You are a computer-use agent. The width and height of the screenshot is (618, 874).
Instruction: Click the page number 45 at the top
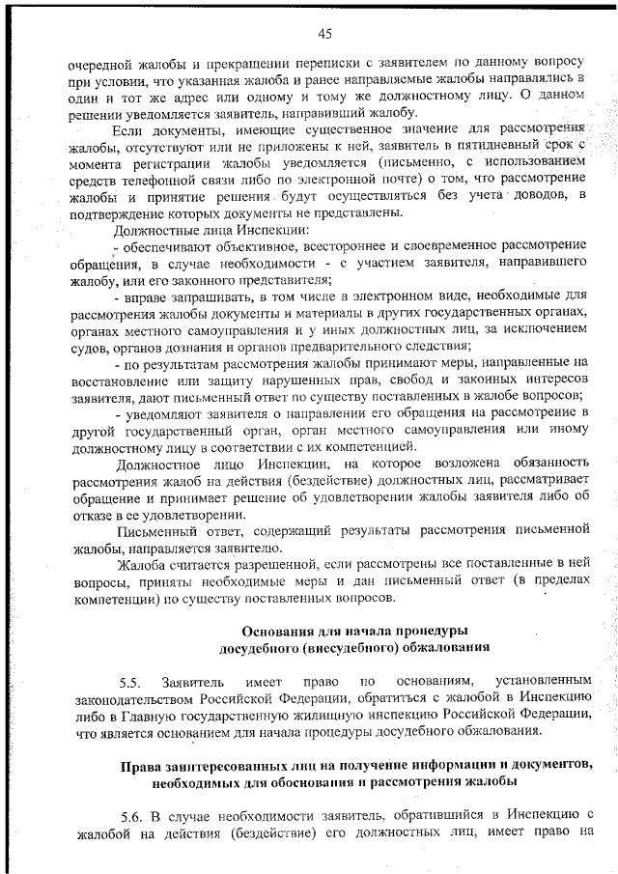[324, 34]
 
